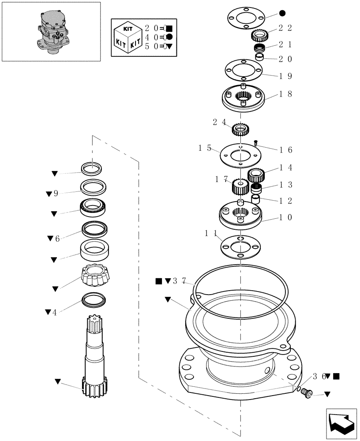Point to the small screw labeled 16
(256, 142)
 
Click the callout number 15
(205, 149)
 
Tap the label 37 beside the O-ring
(180, 280)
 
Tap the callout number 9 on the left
(56, 194)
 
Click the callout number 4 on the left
(54, 312)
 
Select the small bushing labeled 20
(260, 57)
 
